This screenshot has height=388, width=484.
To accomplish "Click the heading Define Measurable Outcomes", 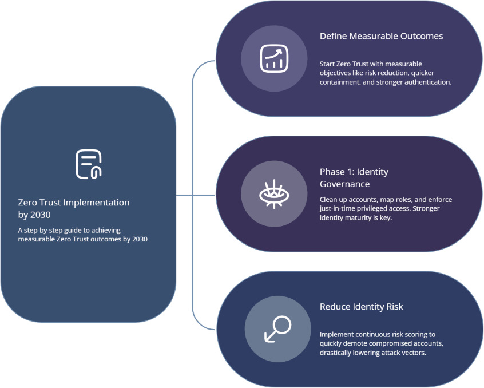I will pyautogui.click(x=381, y=36).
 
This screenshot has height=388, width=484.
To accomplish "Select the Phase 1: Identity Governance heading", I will pyautogui.click(x=354, y=178).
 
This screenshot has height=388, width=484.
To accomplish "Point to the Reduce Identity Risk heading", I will pyautogui.click(x=361, y=307).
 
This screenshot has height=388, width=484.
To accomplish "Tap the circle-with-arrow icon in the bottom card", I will pyautogui.click(x=277, y=328).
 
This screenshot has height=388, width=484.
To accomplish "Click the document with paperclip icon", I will pyautogui.click(x=88, y=164).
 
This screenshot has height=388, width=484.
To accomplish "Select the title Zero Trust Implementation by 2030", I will pyautogui.click(x=74, y=208).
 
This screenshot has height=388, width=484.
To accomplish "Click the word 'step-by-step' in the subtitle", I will pyautogui.click(x=45, y=230).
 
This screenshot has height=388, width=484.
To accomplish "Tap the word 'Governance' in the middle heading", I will pyautogui.click(x=344, y=184).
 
